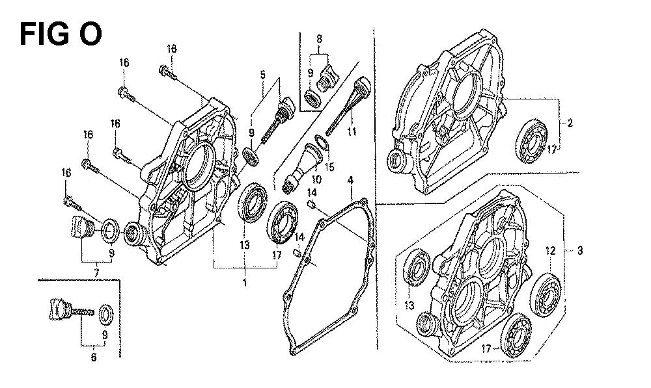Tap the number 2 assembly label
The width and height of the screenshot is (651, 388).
click(570, 122)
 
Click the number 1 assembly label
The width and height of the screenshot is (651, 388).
click(245, 283)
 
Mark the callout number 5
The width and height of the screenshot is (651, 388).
click(263, 75)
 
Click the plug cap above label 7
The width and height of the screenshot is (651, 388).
click(79, 228)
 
